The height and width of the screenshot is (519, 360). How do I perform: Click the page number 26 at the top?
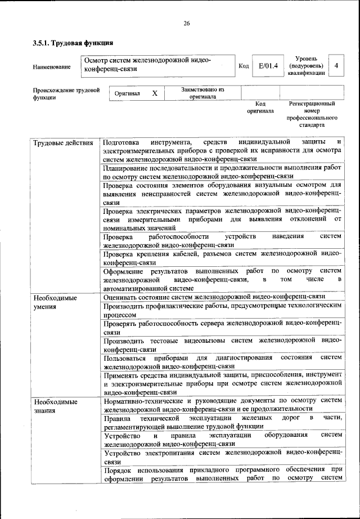186,23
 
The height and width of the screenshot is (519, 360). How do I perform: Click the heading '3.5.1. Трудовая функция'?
73,43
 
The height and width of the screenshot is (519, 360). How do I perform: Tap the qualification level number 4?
336,66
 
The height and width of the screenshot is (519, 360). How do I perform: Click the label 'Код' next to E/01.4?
244,66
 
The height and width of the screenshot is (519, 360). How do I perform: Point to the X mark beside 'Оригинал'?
155,93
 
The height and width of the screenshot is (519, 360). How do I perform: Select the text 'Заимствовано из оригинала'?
202,93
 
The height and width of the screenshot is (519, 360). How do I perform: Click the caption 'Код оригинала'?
260,107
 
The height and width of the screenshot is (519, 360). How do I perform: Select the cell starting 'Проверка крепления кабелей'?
222,258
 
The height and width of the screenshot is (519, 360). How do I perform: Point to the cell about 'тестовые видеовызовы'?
222,345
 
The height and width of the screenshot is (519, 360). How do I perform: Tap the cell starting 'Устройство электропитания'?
222,457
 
